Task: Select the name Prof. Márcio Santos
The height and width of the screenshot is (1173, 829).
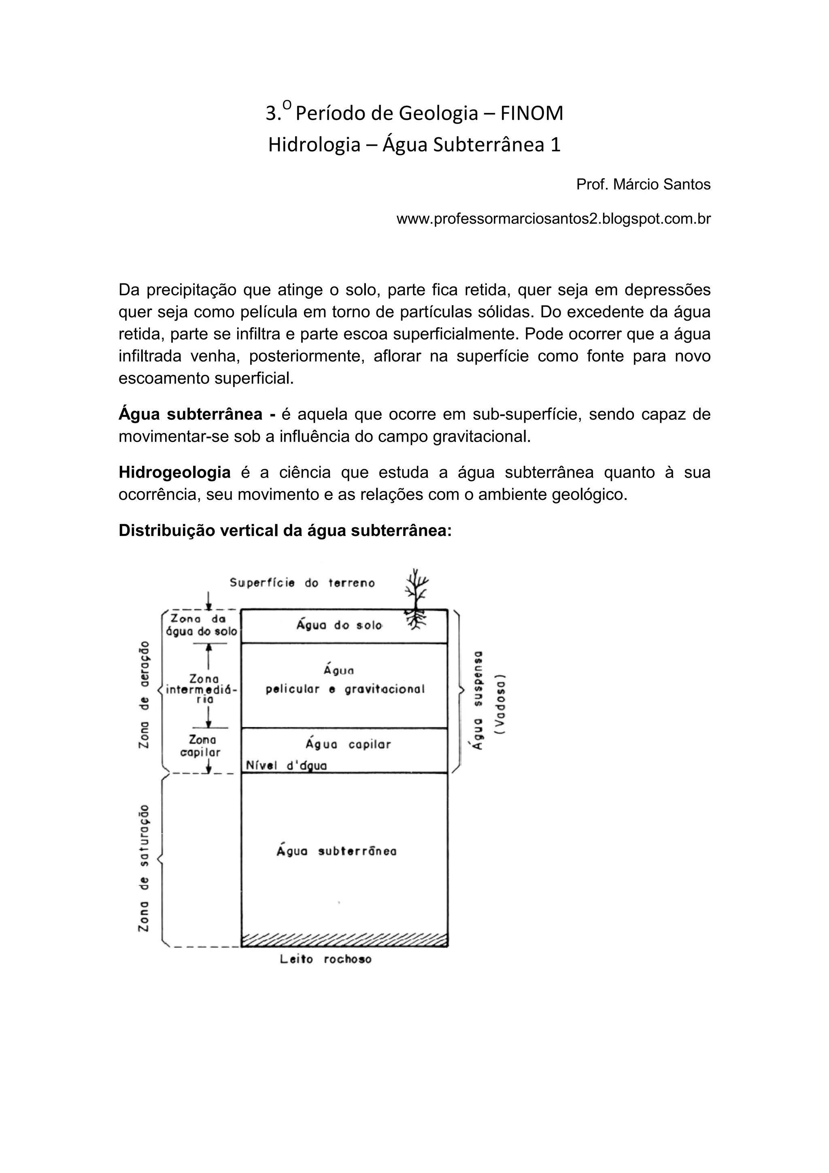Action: [643, 185]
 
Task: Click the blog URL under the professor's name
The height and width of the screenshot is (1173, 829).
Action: [553, 219]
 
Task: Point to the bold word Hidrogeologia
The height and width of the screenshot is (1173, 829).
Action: [175, 473]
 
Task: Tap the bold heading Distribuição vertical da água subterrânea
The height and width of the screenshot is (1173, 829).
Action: [285, 531]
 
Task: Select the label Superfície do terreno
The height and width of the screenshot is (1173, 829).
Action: [302, 583]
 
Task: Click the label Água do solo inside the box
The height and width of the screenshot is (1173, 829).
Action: [339, 625]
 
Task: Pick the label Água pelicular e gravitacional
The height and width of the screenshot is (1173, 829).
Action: [345, 680]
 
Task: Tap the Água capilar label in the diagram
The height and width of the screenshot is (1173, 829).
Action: [348, 744]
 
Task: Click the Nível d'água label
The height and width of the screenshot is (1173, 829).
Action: [286, 765]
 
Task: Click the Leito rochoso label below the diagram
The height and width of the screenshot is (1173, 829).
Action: [325, 959]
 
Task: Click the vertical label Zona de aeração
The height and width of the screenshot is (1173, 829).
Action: [145, 695]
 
